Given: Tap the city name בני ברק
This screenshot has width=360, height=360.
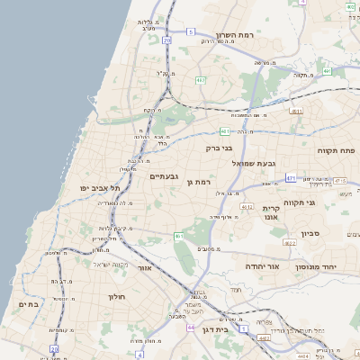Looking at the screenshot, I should click(x=220, y=148).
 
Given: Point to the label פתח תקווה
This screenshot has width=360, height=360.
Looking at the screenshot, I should click(x=337, y=149).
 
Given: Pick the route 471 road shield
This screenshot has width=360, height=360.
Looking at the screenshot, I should click(x=291, y=179).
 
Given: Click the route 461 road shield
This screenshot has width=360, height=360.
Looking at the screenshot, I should click(x=179, y=236).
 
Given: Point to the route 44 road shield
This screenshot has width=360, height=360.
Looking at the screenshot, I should click(x=191, y=328).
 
